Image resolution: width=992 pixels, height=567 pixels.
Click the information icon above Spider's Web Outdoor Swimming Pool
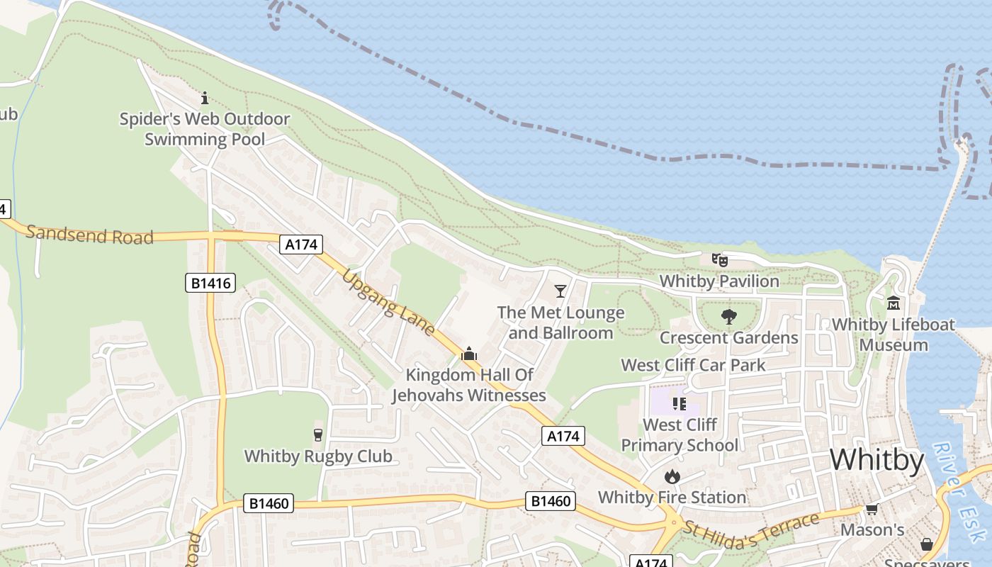[205, 98]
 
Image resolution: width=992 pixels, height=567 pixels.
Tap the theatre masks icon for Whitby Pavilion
[720, 260]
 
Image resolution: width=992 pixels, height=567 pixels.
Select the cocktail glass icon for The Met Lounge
[560, 291]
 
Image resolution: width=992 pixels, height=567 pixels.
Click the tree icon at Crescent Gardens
[728, 317]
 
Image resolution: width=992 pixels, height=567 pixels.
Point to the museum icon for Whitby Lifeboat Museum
[893, 303]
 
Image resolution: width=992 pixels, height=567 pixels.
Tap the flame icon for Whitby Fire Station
[672, 476]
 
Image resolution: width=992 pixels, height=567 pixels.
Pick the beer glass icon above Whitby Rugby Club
[317, 434]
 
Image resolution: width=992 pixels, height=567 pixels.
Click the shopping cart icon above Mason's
[872, 510]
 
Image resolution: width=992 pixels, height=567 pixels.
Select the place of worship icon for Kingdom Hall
[468, 353]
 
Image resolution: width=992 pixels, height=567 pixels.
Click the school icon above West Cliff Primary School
[680, 404]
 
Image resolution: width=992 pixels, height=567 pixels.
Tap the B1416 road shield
[210, 283]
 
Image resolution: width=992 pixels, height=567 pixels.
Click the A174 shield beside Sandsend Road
[301, 245]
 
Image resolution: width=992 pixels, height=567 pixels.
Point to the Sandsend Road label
[90, 235]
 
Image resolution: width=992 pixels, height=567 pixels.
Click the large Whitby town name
[877, 461]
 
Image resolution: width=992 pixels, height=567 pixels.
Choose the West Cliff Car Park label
[693, 365]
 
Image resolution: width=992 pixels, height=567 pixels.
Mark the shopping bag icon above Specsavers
[926, 544]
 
